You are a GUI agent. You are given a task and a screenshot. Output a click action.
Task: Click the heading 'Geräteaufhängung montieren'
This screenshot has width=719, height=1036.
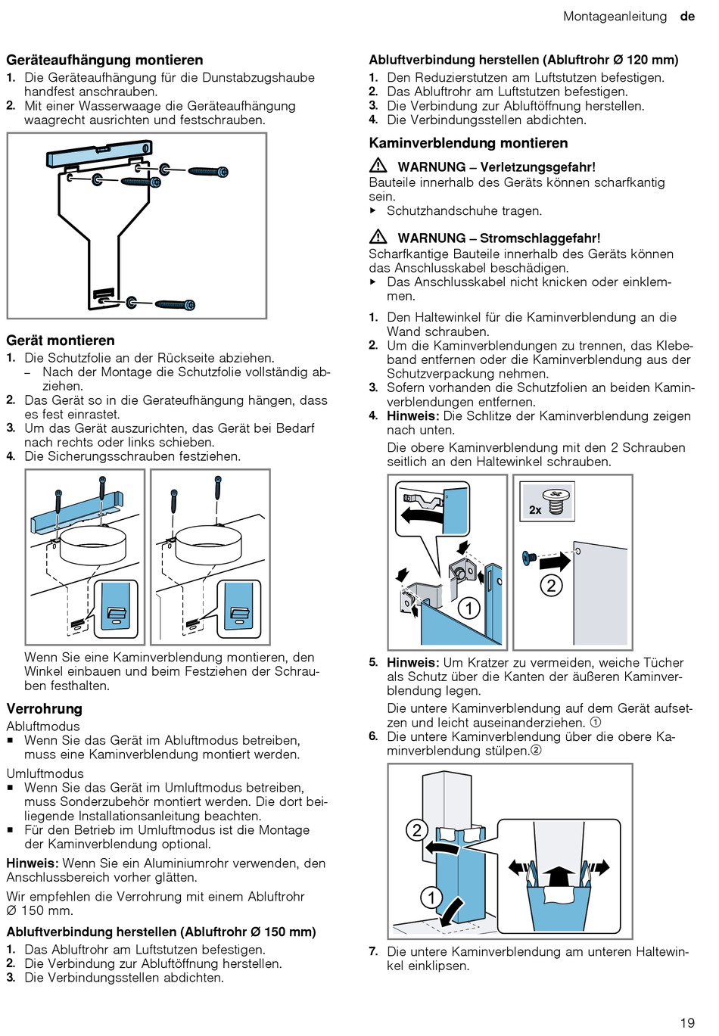coord(104,60)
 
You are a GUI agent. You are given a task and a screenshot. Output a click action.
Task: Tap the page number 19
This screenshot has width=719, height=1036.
coord(686,1022)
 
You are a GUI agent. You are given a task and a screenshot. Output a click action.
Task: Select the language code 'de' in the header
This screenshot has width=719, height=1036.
coord(687,16)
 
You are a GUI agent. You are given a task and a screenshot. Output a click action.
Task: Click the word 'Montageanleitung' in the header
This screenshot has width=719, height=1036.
coord(615,16)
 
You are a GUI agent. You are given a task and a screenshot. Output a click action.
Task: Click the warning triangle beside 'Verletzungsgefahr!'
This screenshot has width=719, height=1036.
coord(378,166)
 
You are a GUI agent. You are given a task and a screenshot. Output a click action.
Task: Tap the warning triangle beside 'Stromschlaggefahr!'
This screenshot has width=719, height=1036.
coord(378,237)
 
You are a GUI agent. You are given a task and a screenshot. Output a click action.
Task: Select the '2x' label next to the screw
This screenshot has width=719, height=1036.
coord(535,509)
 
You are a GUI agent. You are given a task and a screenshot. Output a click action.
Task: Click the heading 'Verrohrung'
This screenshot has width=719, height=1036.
coord(44,708)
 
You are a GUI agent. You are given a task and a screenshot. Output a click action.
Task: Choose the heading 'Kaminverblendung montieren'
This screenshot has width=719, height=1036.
coord(468,143)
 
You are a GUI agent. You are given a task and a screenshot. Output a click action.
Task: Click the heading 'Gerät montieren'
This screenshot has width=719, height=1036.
coord(61,341)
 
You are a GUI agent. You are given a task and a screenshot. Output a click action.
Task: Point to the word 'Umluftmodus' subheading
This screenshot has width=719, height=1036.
coord(45,773)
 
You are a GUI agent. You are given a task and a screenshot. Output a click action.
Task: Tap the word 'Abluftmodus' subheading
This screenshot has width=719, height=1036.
coord(42,726)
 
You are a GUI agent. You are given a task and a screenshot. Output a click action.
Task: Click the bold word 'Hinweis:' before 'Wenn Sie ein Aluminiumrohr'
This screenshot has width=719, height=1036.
coord(33,863)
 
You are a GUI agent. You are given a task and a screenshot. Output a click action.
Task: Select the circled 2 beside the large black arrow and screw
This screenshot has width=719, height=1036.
coord(551,585)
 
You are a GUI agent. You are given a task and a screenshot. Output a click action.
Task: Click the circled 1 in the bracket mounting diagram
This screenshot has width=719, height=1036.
coord(469,608)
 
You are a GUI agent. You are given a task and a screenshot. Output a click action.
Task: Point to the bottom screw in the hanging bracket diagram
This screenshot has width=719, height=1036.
coord(174,304)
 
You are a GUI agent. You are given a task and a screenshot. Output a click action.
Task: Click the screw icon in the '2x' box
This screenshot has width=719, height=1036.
coord(557,500)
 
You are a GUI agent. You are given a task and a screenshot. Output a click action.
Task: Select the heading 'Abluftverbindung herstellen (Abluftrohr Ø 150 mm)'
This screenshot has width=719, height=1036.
coord(161,932)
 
